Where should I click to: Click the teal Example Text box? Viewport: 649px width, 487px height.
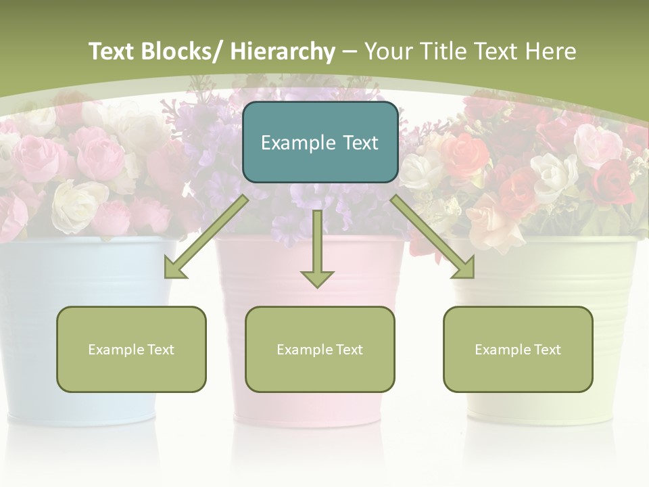click(320, 142)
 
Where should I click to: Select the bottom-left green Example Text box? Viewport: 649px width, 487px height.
click(131, 349)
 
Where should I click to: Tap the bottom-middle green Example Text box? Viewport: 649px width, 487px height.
click(320, 349)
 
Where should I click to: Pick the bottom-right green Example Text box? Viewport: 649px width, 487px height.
click(518, 349)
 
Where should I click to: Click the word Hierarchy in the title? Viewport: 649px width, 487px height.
click(283, 51)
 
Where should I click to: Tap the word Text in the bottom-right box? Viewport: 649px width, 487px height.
click(548, 350)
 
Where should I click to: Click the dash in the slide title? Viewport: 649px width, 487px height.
click(350, 51)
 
